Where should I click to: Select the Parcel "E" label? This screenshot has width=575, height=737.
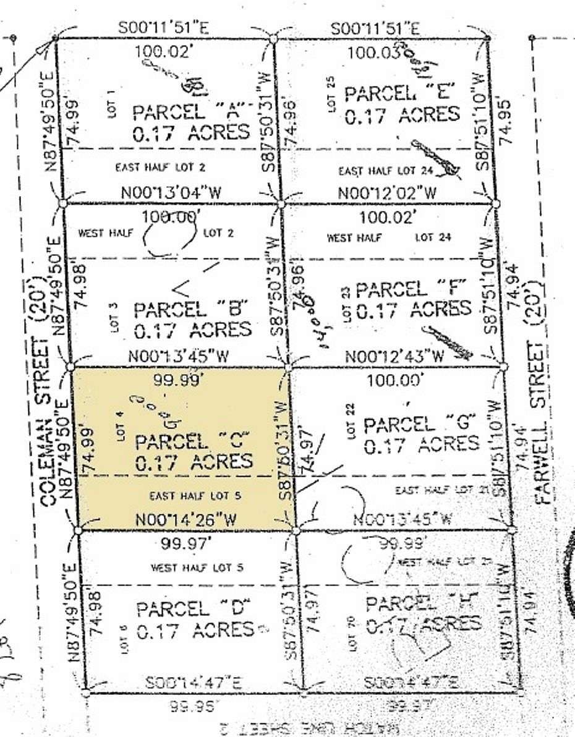[402, 95]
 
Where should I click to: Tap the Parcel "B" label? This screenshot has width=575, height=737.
[191, 309]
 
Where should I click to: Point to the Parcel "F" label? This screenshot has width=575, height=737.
[409, 289]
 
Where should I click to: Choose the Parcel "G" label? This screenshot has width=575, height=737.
[420, 424]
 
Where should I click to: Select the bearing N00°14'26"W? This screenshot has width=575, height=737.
[186, 521]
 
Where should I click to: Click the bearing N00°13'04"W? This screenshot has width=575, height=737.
[171, 192]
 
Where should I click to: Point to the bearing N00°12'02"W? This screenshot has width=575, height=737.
[388, 193]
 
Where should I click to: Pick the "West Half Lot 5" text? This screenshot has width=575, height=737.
[191, 568]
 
